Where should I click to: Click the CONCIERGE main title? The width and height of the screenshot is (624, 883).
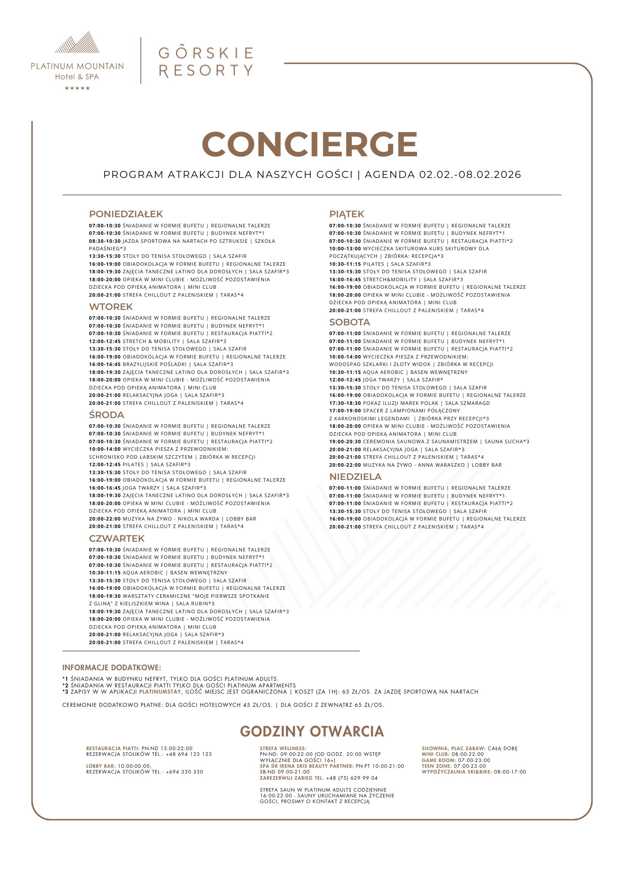[310, 144]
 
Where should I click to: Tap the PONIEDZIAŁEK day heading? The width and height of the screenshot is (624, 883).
[126, 214]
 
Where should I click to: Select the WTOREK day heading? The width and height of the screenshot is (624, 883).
[111, 307]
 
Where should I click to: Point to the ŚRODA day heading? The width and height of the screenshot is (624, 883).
[106, 415]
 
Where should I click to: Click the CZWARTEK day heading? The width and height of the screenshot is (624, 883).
[117, 539]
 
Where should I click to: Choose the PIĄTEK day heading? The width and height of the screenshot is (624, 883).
[346, 214]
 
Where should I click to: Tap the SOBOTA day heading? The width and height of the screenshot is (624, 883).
[350, 322]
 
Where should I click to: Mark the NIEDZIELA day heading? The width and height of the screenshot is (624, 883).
[355, 477]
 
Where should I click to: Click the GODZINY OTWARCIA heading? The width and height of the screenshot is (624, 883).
[312, 732]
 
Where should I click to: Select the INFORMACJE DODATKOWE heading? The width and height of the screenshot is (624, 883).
[112, 668]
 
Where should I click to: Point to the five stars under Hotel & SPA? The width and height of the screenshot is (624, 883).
[77, 88]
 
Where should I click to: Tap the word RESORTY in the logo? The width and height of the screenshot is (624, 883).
[206, 70]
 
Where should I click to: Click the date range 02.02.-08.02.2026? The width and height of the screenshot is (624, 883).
[470, 175]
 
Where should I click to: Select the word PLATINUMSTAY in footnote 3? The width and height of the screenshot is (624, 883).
[160, 692]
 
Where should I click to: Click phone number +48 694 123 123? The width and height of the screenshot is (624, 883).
[188, 754]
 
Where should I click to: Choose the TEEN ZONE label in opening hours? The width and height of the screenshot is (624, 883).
[436, 766]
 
